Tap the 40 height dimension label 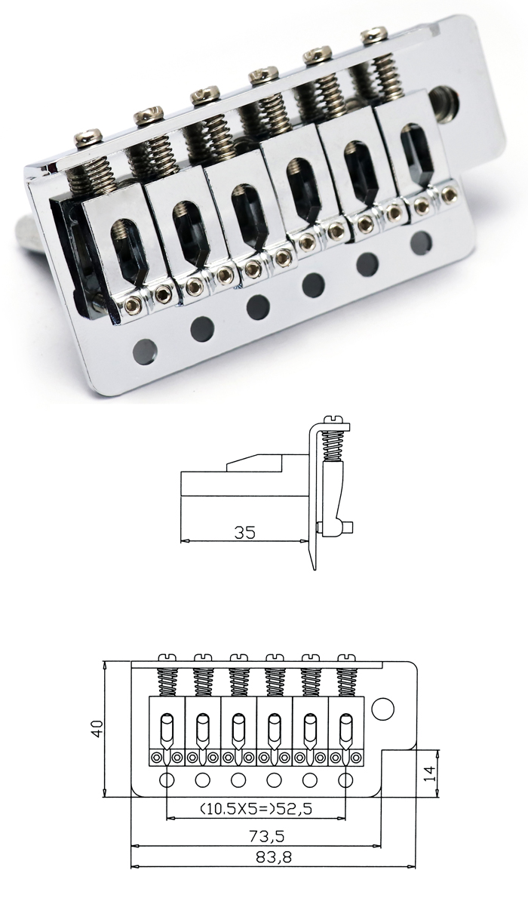(98, 728)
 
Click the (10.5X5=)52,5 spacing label (256, 809)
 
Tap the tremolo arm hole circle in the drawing (382, 709)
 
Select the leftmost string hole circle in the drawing (167, 780)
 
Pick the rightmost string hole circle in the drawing (345, 780)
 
